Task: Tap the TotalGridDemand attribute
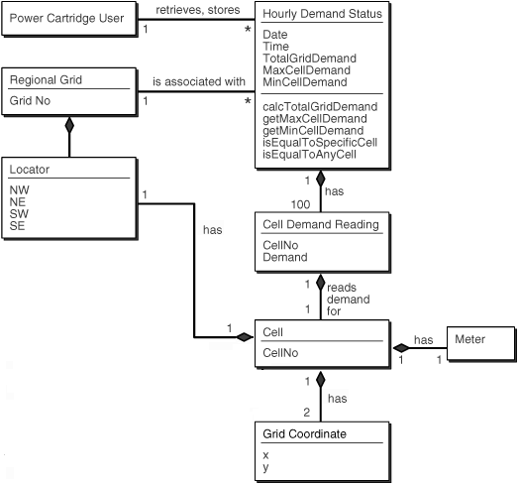pos(311,60)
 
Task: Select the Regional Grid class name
pos(47,79)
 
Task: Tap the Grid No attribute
pos(33,100)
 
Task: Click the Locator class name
pos(30,170)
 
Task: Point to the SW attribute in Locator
pos(20,213)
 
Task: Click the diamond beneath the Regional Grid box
pos(68,126)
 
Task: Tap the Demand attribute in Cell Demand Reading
pos(286,257)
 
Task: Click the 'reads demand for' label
pos(348,299)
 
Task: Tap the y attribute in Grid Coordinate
pos(266,467)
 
